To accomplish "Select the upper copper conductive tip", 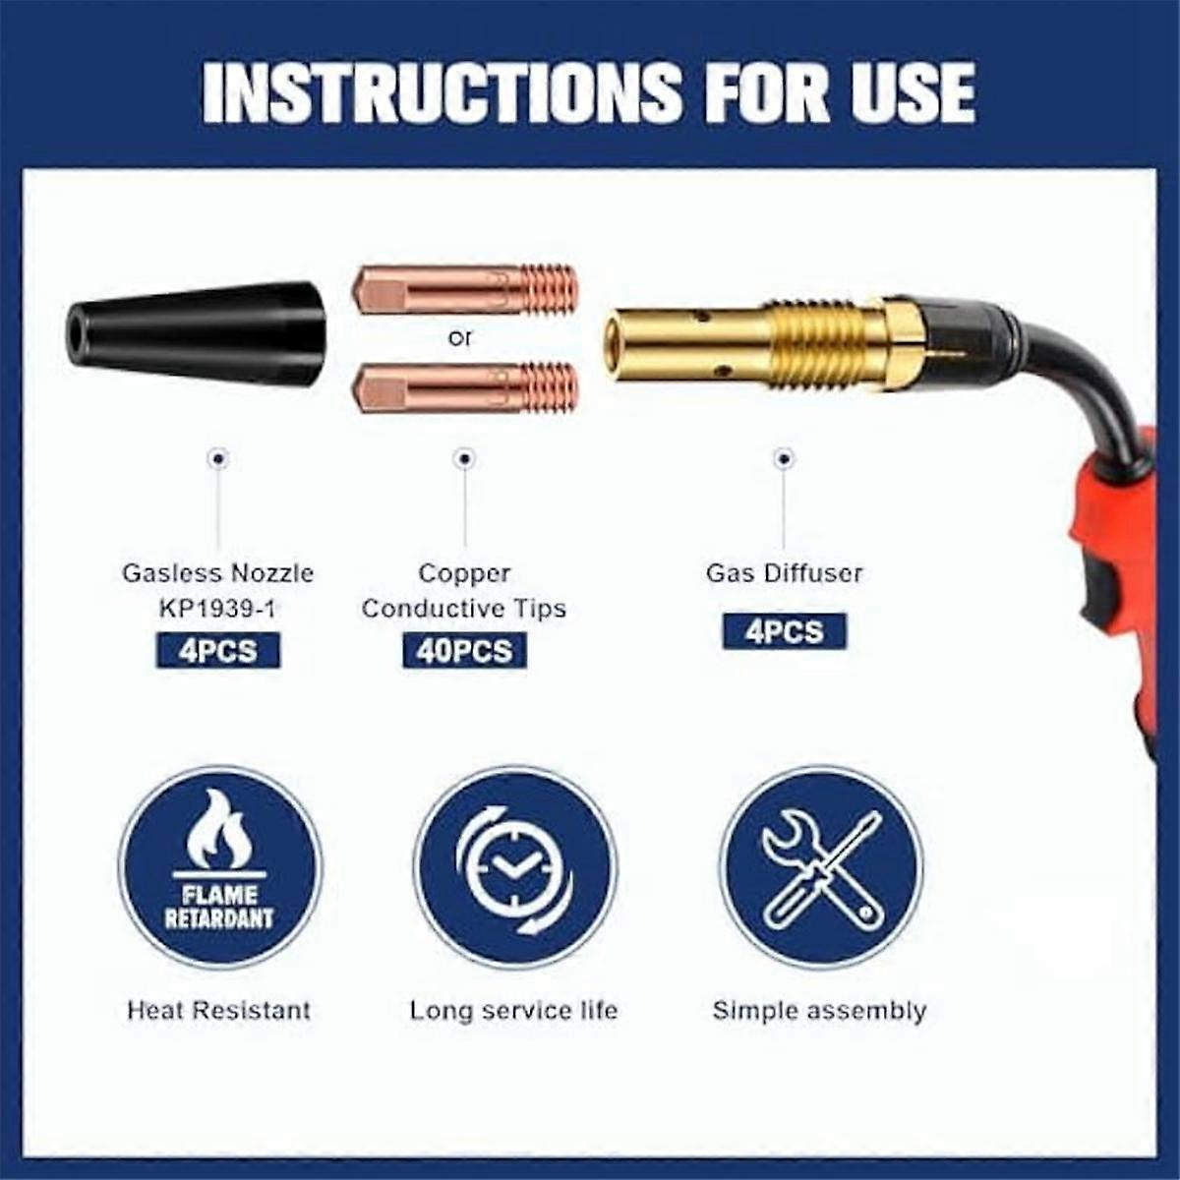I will (465, 289).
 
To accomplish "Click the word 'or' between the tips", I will (459, 338).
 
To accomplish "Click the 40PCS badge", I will (464, 650).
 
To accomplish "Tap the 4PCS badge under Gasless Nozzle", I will (218, 650).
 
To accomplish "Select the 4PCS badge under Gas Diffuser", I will (784, 630).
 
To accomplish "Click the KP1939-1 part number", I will (218, 609).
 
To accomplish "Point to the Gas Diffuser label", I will (784, 573).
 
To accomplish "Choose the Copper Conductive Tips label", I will (464, 591).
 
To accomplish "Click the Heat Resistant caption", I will (218, 1010).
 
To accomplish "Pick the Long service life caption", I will (513, 1010).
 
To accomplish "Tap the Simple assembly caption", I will (819, 1011).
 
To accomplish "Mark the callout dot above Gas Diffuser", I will (784, 458).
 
